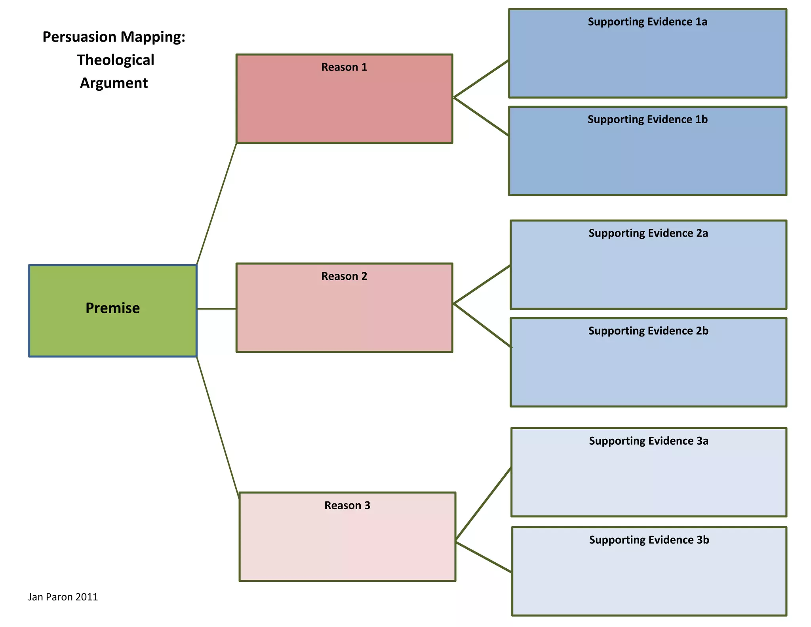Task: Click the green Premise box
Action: tap(112, 310)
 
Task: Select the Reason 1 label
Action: tap(344, 67)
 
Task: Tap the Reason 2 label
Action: tap(344, 276)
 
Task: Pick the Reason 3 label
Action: tap(347, 505)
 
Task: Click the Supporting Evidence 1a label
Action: tap(647, 22)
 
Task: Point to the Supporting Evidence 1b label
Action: tap(647, 119)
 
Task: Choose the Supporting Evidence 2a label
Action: tap(648, 233)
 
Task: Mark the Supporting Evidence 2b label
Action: tap(648, 331)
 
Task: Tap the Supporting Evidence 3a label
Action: tap(649, 441)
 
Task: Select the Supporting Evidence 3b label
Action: tap(649, 540)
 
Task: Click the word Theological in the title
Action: tap(116, 60)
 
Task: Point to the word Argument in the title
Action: tap(114, 83)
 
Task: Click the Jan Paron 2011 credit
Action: tap(63, 597)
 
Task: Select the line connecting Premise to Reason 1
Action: tap(217, 204)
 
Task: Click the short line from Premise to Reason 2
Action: tap(216, 309)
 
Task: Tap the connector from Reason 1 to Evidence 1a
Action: tap(481, 78)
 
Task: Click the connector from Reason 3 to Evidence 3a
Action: tap(484, 504)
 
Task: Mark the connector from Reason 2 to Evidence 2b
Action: tap(482, 325)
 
